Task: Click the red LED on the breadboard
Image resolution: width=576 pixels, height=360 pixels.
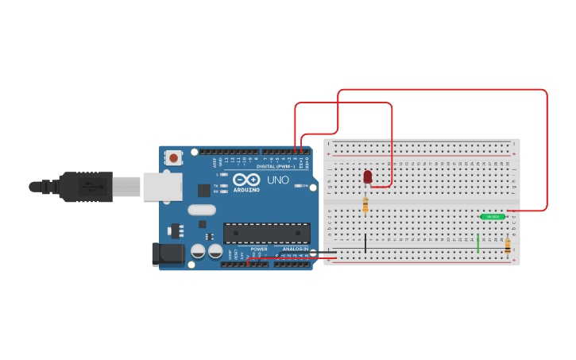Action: click(x=367, y=176)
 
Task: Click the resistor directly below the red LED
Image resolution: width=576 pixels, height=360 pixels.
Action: click(x=365, y=205)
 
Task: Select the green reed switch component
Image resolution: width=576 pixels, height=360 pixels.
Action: click(x=493, y=216)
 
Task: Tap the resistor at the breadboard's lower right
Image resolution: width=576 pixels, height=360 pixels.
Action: click(x=508, y=246)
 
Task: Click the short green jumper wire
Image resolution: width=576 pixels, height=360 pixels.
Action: click(x=478, y=244)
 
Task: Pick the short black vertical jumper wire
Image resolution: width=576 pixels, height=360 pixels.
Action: click(x=365, y=243)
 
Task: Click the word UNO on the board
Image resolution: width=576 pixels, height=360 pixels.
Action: click(x=278, y=180)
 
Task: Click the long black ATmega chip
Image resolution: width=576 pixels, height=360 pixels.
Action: click(x=266, y=232)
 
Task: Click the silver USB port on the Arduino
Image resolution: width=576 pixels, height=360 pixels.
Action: click(x=161, y=187)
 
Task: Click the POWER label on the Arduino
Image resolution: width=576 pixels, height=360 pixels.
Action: click(x=259, y=249)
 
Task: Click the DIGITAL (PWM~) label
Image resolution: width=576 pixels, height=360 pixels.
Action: click(x=275, y=166)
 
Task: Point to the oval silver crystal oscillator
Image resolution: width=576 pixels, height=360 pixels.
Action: click(x=202, y=211)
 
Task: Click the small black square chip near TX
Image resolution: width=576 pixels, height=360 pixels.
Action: click(x=204, y=190)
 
